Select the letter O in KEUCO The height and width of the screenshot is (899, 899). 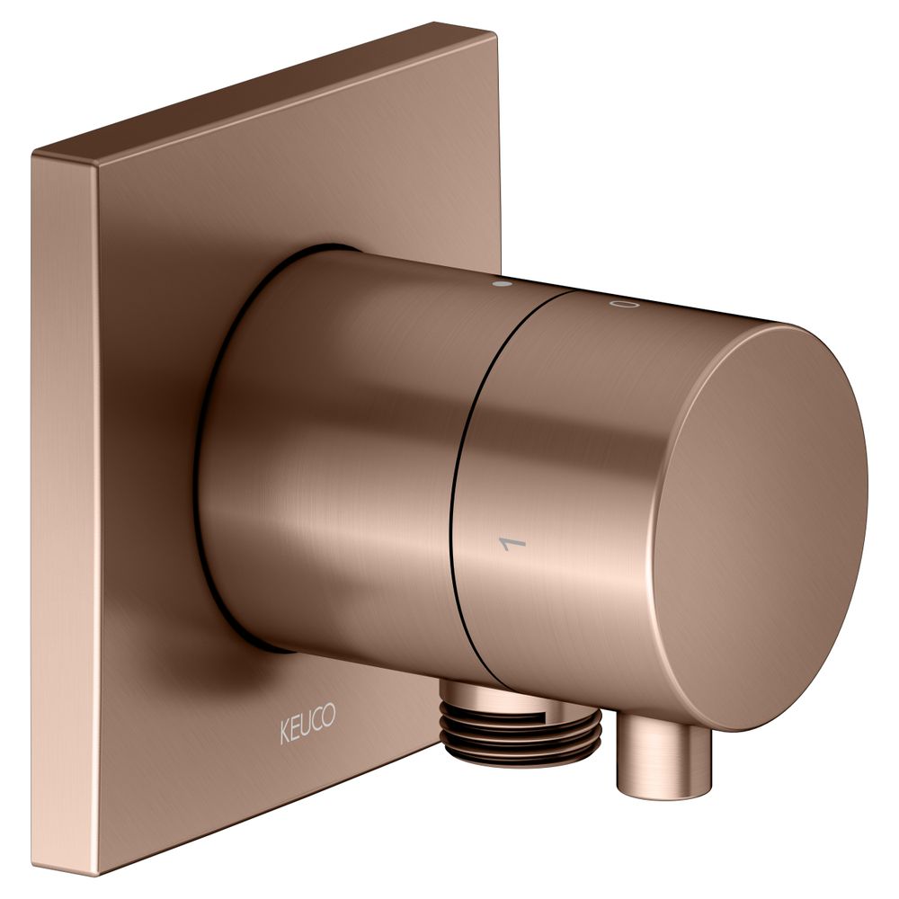point(329,716)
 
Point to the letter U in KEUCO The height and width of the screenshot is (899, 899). point(307,724)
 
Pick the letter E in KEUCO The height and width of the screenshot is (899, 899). point(296,729)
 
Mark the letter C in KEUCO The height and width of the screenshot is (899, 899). point(317,720)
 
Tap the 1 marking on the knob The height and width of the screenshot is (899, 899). point(513,542)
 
